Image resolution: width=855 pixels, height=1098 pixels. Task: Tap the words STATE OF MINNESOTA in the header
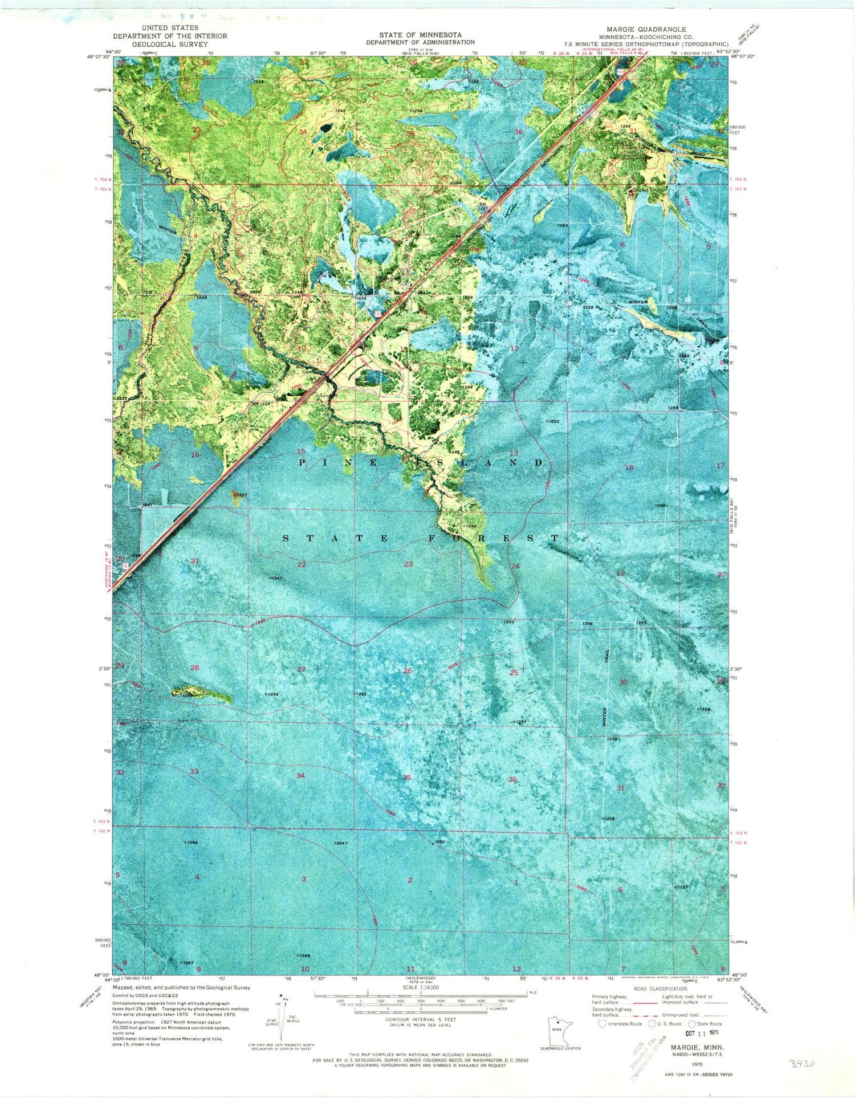421,35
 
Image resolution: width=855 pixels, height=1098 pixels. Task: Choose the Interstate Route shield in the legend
602,1023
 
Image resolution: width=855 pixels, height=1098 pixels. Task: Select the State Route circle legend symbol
691,1023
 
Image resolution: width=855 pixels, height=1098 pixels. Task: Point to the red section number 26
407,670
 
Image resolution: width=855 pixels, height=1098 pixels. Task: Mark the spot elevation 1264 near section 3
340,843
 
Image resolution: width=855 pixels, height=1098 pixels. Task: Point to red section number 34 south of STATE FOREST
300,775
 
